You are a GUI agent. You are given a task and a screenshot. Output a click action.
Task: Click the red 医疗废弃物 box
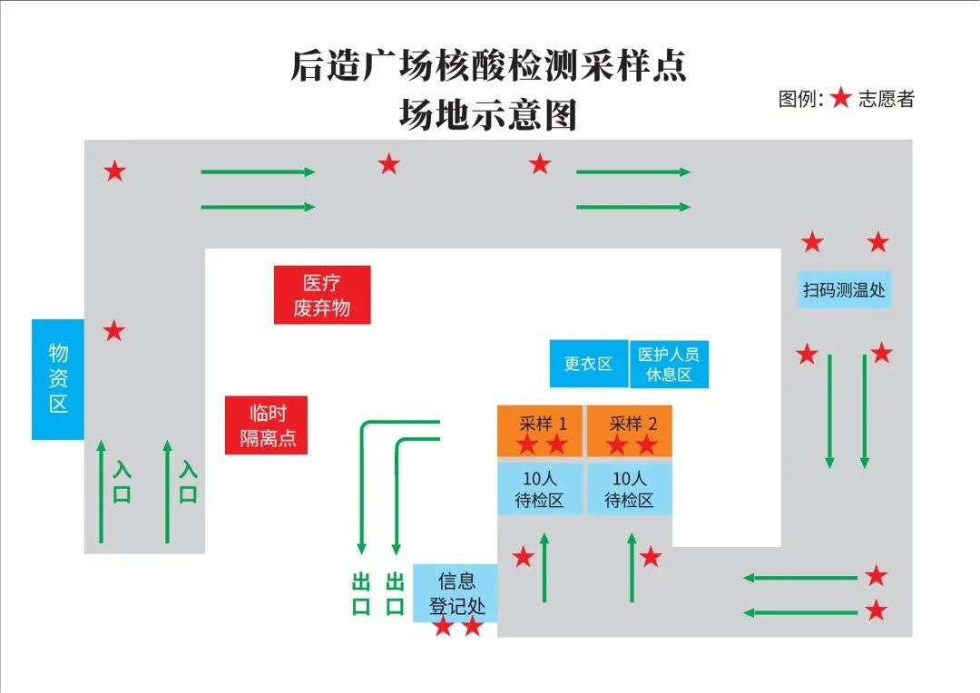pyautogui.click(x=322, y=295)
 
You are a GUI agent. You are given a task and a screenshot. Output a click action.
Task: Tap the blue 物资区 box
pyautogui.click(x=58, y=378)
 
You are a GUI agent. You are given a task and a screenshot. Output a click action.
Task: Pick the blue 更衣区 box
pyautogui.click(x=588, y=364)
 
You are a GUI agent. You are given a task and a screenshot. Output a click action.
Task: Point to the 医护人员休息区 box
pyautogui.click(x=669, y=364)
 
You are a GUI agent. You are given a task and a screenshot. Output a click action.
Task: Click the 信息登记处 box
pyautogui.click(x=456, y=593)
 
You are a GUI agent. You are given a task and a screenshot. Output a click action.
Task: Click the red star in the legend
pyautogui.click(x=841, y=99)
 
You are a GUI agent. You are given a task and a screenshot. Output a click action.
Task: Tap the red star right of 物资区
pyautogui.click(x=113, y=331)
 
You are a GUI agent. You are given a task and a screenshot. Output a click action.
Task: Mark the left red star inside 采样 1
pyautogui.click(x=526, y=444)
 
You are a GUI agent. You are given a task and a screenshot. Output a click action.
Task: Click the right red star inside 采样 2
pyautogui.click(x=646, y=444)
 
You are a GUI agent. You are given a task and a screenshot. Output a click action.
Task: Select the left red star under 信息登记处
pyautogui.click(x=442, y=626)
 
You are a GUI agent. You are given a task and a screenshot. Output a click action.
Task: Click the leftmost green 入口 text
pyautogui.click(x=122, y=483)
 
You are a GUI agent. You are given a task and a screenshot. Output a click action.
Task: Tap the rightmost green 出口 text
pyautogui.click(x=394, y=594)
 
